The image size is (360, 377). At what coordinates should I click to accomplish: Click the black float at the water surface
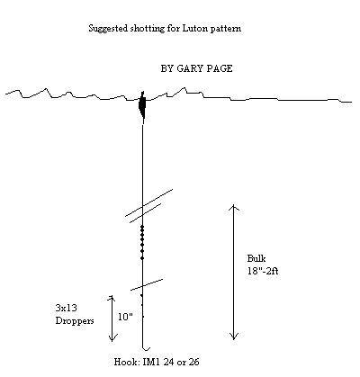[x=142, y=105]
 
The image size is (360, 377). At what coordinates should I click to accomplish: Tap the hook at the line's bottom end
[x=146, y=348]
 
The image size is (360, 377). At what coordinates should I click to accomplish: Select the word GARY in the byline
[x=187, y=68]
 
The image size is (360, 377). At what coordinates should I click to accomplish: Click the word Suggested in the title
[x=109, y=29]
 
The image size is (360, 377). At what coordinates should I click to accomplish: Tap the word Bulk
[x=256, y=258]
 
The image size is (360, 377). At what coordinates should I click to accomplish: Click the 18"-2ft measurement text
[x=263, y=271]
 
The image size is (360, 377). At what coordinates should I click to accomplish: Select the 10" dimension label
[x=125, y=317]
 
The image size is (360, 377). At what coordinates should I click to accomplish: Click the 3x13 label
[x=66, y=308]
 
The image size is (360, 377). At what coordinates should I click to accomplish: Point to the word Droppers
[x=75, y=321]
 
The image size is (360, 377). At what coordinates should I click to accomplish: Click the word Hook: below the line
[x=127, y=362]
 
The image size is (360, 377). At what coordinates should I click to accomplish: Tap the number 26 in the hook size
[x=193, y=362]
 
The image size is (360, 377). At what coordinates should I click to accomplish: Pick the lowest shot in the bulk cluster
[x=142, y=258]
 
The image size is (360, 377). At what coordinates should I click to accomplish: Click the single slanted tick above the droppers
[x=147, y=284]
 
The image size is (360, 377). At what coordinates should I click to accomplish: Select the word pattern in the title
[x=226, y=29]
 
